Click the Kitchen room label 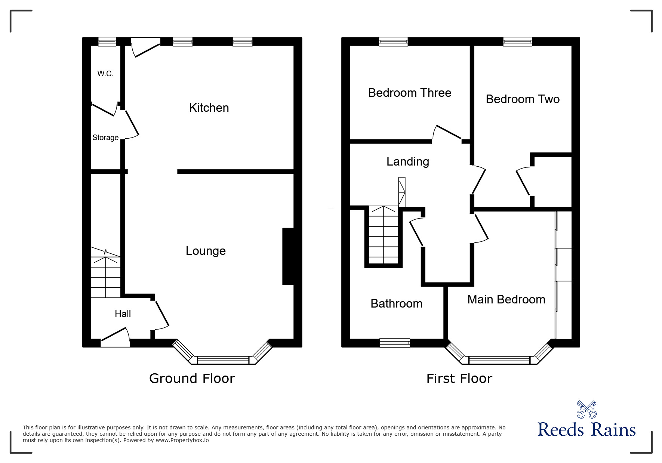(x=209, y=108)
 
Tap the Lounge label (x=206, y=251)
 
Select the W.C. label (x=105, y=74)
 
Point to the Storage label (x=105, y=138)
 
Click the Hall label (x=123, y=314)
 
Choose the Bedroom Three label (x=410, y=93)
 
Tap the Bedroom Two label (x=523, y=99)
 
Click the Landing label (x=407, y=161)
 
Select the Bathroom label (x=396, y=303)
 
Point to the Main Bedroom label (x=506, y=299)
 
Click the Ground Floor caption (x=192, y=379)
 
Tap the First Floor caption (x=459, y=379)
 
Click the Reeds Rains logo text (x=586, y=430)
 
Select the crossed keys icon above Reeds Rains (x=586, y=409)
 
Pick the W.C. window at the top (x=107, y=41)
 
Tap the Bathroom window (x=394, y=343)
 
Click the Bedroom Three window (x=393, y=41)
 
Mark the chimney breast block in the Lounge (x=288, y=256)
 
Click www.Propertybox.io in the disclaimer (x=182, y=440)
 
